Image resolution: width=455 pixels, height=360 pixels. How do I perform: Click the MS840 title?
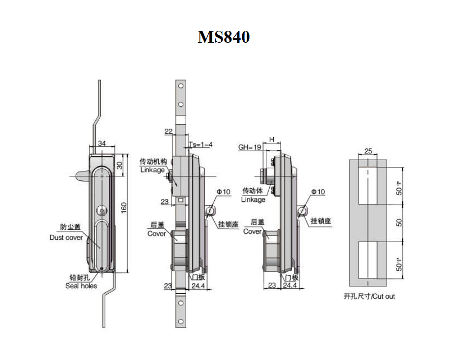tap(224, 37)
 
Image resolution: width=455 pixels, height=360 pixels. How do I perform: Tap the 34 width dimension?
tap(102, 143)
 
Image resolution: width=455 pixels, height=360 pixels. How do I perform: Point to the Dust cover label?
tap(66, 238)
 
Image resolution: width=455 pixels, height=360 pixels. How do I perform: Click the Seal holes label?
tap(81, 286)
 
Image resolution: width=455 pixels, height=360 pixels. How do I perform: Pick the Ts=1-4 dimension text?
tap(200, 145)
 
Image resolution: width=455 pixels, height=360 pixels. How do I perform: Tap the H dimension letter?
tap(271, 139)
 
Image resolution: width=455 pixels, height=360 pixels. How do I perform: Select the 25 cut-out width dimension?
tap(368, 151)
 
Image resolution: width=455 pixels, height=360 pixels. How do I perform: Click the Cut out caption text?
tap(369, 296)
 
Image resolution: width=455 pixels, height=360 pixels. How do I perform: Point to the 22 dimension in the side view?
tap(169, 131)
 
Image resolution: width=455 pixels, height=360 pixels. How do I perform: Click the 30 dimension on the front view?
tap(119, 165)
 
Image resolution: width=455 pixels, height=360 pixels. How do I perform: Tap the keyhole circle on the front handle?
tap(102, 210)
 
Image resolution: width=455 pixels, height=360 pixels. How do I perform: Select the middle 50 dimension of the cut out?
tap(399, 222)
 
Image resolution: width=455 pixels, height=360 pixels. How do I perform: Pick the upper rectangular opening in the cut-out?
tap(368, 186)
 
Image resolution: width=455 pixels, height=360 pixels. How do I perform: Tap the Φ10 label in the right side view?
tap(318, 191)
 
